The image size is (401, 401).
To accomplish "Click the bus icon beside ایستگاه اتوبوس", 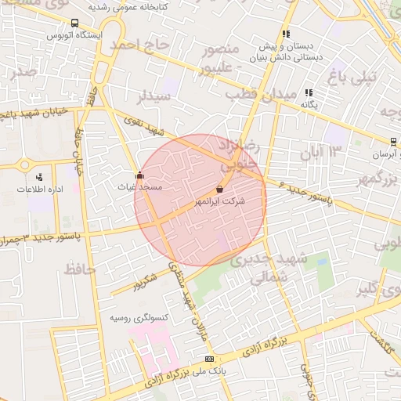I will pyautogui.click(x=74, y=23).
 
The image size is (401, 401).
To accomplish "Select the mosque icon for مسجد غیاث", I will pyautogui.click(x=139, y=175).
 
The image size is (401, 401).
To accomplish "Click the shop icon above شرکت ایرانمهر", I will pyautogui.click(x=219, y=189).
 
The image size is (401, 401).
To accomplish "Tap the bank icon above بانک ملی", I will pyautogui.click(x=208, y=358).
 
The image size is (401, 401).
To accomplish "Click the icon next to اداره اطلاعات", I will pyautogui.click(x=40, y=177).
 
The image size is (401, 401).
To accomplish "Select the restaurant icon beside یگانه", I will pyautogui.click(x=309, y=92).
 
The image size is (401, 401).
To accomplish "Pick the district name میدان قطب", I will pyautogui.click(x=262, y=94).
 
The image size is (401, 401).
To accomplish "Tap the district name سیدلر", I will pyautogui.click(x=154, y=97).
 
